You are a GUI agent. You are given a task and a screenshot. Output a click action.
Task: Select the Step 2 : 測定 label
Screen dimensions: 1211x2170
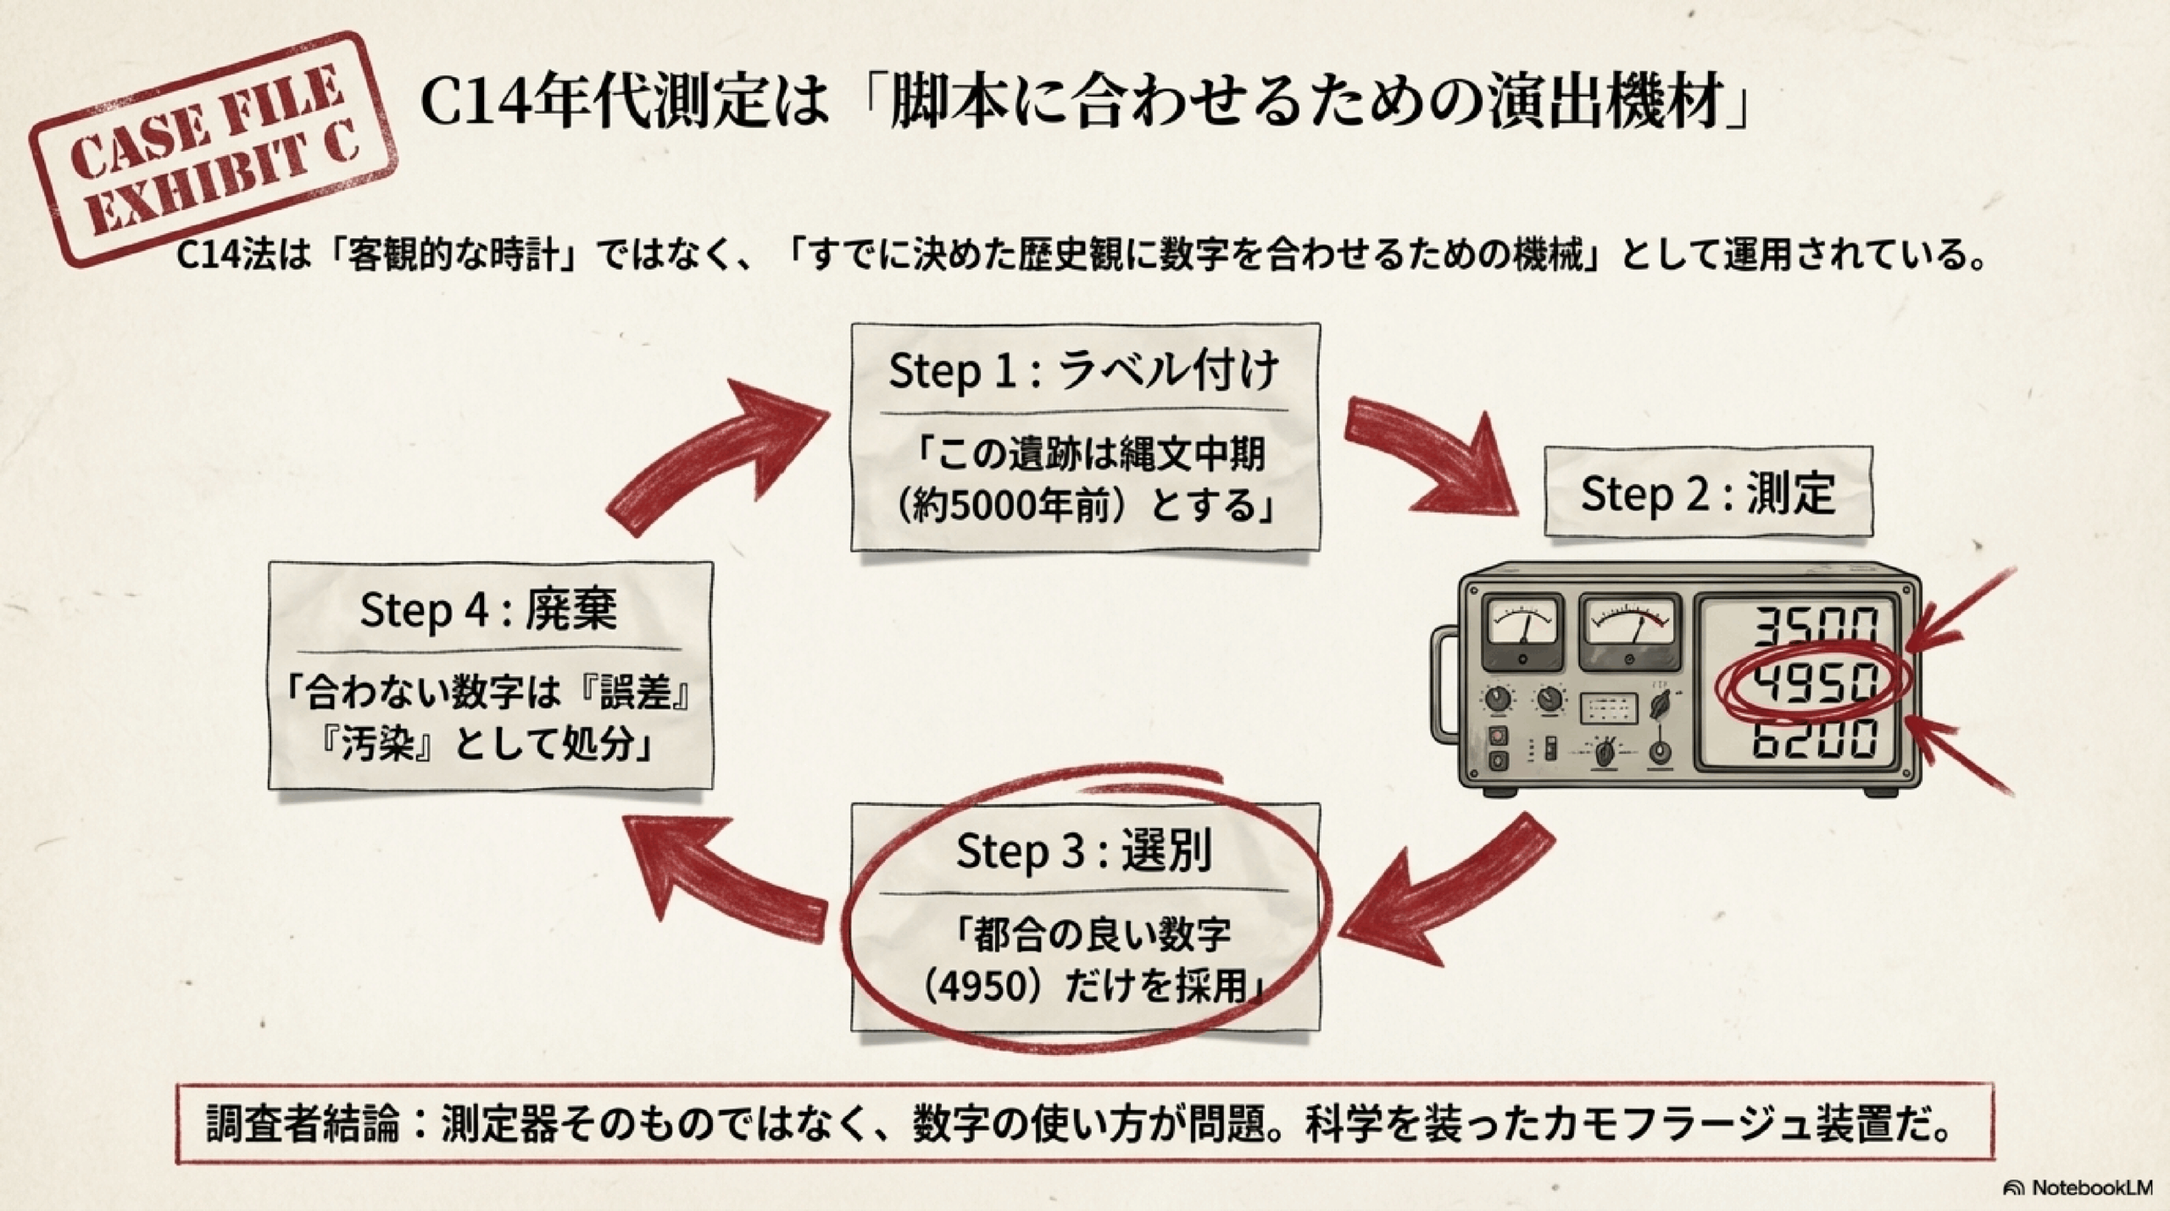1707,493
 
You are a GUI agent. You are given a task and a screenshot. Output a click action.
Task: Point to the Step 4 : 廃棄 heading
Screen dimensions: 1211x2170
489,609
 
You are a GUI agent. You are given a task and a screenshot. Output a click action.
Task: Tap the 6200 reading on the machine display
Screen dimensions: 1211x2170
1814,739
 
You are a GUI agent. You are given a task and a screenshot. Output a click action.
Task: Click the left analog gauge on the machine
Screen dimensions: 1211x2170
1523,632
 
